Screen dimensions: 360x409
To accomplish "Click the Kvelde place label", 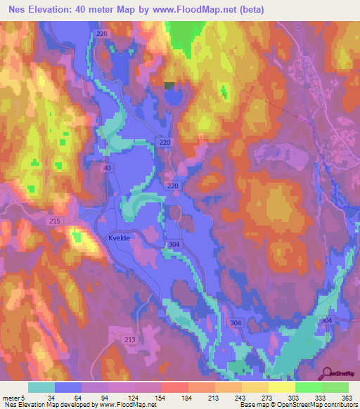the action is coord(120,238).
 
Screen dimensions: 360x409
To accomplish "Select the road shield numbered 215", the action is coord(56,221).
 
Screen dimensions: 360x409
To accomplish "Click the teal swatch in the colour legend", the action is coord(41,387).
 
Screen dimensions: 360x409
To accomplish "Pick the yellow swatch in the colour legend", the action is coord(282,387).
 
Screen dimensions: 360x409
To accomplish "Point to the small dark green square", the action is coord(169,85).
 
